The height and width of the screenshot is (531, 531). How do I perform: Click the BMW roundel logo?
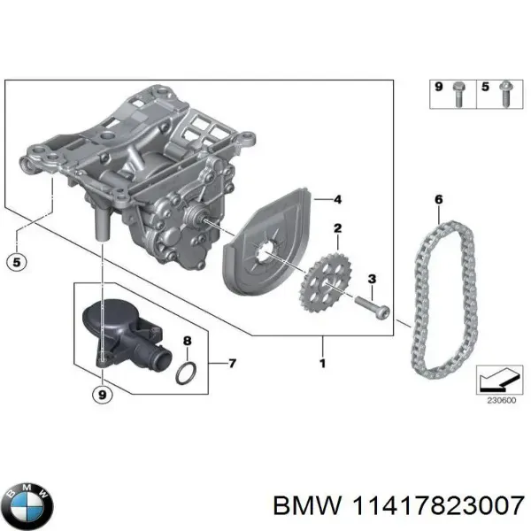(x=30, y=505)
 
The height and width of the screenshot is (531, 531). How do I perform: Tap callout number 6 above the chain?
(x=437, y=200)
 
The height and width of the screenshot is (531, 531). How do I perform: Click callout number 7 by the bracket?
(x=232, y=363)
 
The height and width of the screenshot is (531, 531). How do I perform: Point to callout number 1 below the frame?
(x=322, y=364)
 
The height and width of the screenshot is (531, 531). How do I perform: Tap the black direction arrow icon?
(x=496, y=379)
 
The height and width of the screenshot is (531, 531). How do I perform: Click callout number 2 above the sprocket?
(x=337, y=229)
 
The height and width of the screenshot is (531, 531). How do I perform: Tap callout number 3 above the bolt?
(x=372, y=279)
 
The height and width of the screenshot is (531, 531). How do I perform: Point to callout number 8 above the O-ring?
(x=186, y=341)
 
